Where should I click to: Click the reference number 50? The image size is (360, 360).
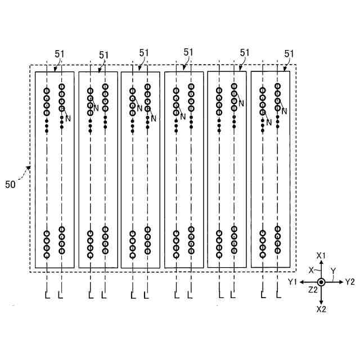(x=10, y=184)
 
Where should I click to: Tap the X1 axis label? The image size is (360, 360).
(x=321, y=256)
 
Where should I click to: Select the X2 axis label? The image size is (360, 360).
(x=321, y=309)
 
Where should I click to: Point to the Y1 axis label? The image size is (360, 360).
(x=292, y=281)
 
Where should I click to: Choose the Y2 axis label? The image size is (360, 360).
(x=350, y=281)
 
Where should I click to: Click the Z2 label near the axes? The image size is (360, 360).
(x=313, y=290)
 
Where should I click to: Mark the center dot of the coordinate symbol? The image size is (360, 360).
(x=321, y=282)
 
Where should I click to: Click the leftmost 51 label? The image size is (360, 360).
(x=60, y=54)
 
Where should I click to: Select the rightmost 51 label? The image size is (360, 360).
(x=289, y=54)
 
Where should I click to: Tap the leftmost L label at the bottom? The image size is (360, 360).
(x=47, y=295)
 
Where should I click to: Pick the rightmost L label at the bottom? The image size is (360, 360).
(x=278, y=295)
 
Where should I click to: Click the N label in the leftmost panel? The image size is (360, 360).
(x=68, y=118)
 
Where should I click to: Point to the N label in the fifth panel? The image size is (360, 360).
(x=241, y=103)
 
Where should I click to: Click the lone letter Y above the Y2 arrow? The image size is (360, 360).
(x=333, y=271)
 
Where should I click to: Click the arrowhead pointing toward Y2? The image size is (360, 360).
(x=340, y=282)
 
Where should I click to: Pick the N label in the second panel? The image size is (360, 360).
(x=96, y=107)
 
